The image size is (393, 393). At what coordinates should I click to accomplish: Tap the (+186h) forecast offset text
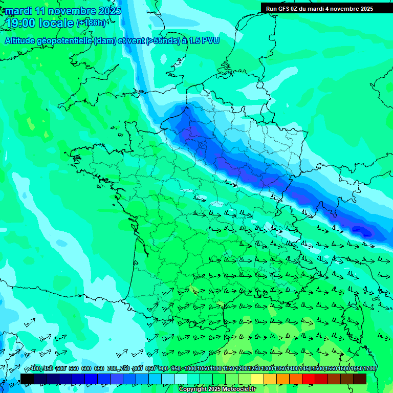(91, 23)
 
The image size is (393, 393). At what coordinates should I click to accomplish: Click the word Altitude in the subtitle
(23, 40)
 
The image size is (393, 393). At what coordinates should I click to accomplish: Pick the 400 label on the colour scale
(34, 369)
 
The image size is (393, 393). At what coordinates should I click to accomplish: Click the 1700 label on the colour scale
(369, 369)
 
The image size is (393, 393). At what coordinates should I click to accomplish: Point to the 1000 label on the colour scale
(190, 369)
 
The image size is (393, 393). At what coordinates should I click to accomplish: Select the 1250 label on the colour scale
(254, 369)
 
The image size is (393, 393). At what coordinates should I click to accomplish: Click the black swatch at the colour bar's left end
(27, 379)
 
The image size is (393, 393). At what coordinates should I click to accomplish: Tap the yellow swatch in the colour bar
(257, 379)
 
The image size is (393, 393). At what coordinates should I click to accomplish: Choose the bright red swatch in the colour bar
(309, 379)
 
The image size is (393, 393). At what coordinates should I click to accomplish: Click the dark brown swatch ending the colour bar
(360, 379)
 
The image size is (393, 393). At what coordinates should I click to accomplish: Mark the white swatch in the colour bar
(181, 379)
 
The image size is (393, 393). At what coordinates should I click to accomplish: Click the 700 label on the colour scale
(112, 369)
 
